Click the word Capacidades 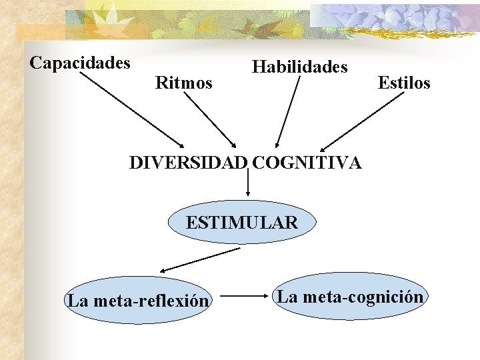point(80,63)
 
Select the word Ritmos point(183,83)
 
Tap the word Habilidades point(299,67)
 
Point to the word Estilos point(404,83)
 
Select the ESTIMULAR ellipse point(241,222)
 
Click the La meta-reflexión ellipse point(138,301)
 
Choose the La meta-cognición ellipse point(350,297)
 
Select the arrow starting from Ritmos point(210,120)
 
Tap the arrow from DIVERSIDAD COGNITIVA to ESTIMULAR point(248,181)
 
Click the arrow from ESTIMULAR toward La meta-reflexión point(200,260)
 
